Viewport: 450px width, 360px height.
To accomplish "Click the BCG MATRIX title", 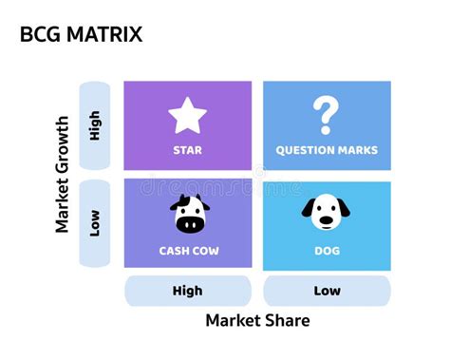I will point(81,35).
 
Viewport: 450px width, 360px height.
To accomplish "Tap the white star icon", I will point(187,116).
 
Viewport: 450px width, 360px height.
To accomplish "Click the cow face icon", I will point(187,214).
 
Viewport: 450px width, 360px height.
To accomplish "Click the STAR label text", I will point(187,150).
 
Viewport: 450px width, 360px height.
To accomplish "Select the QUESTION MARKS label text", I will point(326,150).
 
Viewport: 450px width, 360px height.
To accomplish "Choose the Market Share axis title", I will point(257,320).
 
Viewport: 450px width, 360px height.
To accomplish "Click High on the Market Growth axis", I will point(94,125).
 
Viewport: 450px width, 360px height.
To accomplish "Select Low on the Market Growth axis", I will point(94,223).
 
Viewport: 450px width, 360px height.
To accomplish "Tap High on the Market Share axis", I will point(187,291).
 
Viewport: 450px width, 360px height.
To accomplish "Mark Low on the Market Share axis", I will point(326,291).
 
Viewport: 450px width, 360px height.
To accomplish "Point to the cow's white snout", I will point(187,224).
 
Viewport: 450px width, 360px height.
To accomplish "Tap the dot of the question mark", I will point(326,130).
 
